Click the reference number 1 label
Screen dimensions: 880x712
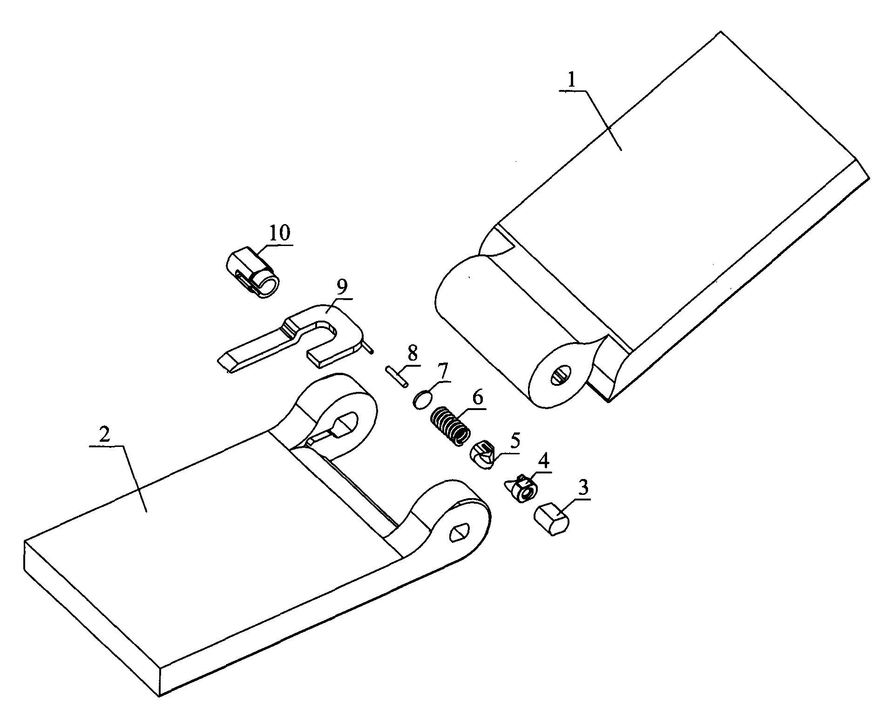click(x=572, y=82)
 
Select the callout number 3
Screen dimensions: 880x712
click(x=582, y=488)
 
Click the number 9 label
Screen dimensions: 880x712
click(x=342, y=288)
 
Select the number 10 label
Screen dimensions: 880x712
click(x=279, y=233)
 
